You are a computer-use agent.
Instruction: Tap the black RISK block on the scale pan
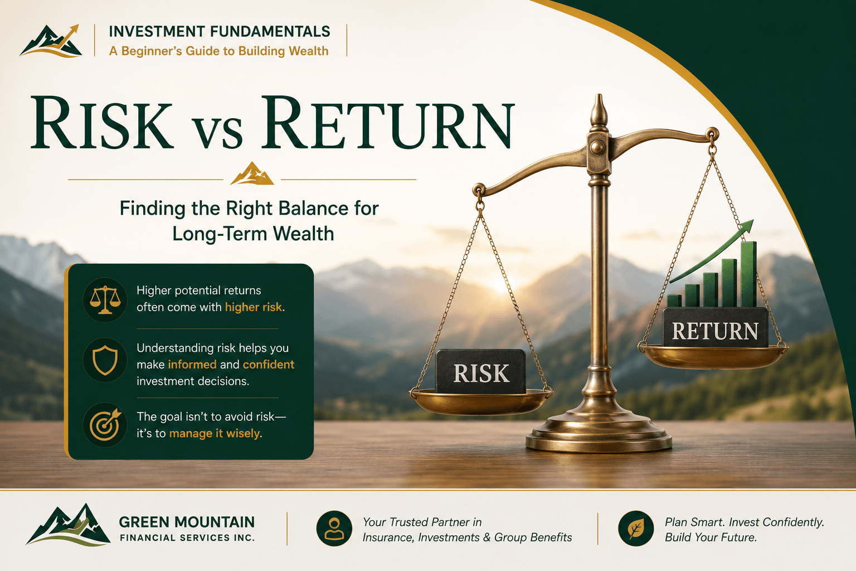(481, 371)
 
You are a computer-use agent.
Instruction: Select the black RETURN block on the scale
(715, 327)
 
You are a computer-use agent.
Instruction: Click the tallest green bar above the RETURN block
(748, 274)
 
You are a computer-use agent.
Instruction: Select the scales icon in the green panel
(105, 300)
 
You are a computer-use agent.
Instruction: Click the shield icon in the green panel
(105, 360)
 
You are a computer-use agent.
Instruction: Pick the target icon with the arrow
(105, 424)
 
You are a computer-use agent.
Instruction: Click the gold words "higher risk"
(254, 307)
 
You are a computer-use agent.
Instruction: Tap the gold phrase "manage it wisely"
(215, 433)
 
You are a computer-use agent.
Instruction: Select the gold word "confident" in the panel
(269, 365)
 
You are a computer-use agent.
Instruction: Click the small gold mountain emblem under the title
(252, 173)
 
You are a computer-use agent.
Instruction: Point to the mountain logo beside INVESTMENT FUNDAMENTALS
(51, 41)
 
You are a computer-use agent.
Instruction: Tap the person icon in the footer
(334, 528)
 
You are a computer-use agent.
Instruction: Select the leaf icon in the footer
(636, 528)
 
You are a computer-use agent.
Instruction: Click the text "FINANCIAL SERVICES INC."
(187, 538)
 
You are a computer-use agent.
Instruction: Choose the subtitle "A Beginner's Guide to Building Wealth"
(219, 51)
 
